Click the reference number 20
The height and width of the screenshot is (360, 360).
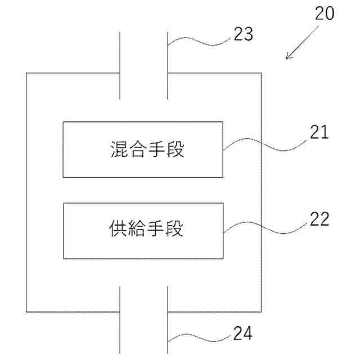point(324,13)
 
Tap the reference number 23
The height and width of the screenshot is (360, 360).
point(243,35)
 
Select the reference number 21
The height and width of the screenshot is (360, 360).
point(318,133)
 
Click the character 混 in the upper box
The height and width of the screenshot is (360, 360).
point(117,150)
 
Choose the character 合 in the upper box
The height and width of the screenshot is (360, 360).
point(137,150)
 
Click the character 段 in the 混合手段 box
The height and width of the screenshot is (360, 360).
point(177,150)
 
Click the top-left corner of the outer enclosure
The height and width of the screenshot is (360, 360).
point(27,73)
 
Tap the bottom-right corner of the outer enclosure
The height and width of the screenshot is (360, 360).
point(261,311)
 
